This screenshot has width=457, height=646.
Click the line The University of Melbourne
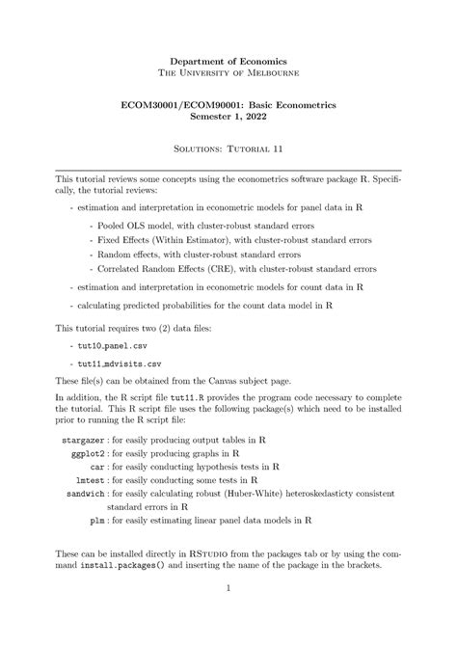(228, 73)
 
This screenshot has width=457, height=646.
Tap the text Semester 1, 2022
(228, 116)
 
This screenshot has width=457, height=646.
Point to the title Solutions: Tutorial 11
(228, 149)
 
